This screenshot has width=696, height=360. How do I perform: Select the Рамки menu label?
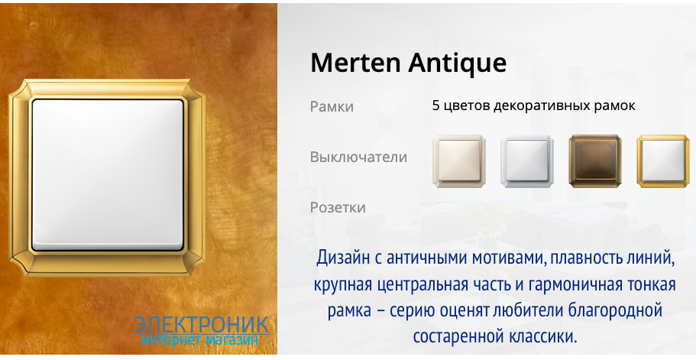pos(332,107)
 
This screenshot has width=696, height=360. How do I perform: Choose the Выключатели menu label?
pos(358,157)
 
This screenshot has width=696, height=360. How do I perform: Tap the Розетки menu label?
pos(338,208)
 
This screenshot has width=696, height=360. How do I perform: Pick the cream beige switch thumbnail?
pos(459,161)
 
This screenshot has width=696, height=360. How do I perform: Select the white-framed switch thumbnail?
pos(527,161)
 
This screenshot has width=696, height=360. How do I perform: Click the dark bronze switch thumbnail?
pos(595,161)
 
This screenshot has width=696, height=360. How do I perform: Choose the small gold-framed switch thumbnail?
pos(663,161)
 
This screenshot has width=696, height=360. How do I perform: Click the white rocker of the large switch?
pos(108,175)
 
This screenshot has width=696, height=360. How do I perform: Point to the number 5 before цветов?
pos(435,106)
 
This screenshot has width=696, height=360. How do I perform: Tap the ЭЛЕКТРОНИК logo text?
pos(202,325)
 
